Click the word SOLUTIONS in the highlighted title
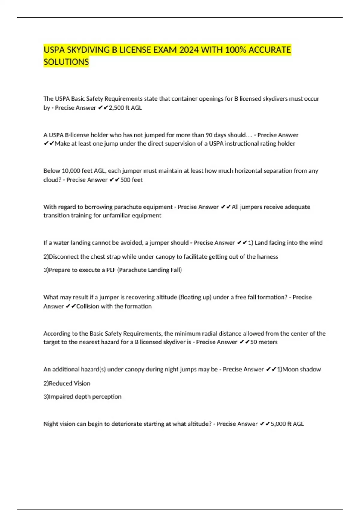click(66, 62)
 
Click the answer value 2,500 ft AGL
click(125, 108)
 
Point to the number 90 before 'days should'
click(209, 135)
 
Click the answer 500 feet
click(131, 180)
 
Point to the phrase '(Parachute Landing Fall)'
click(150, 270)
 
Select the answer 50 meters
click(264, 342)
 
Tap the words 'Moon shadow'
click(302, 369)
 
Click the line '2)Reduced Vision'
click(67, 383)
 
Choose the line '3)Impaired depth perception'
click(82, 397)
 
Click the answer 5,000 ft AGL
click(287, 424)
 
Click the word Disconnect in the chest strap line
click(64, 257)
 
